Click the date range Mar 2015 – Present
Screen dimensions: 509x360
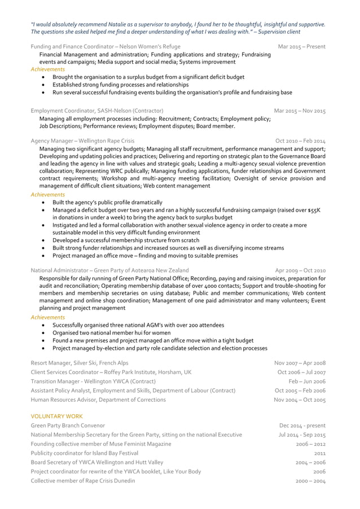[x=302, y=46]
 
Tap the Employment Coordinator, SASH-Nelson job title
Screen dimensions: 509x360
[x=97, y=111]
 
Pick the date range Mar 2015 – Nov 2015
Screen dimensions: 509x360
[x=300, y=111]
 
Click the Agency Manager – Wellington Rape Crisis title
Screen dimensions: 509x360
[x=82, y=141]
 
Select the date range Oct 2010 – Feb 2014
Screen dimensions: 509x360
[x=300, y=141]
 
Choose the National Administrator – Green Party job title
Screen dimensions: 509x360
[x=109, y=270]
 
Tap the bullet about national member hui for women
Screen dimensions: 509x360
[x=112, y=333]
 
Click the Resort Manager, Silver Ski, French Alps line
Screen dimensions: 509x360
[x=80, y=363]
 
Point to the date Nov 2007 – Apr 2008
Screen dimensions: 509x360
[x=300, y=363]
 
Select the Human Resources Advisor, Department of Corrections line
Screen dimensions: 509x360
[x=98, y=400]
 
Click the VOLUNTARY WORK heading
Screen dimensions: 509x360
[x=57, y=415]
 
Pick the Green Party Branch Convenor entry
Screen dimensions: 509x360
[x=68, y=425]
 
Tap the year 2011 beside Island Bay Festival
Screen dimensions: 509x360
[x=319, y=453]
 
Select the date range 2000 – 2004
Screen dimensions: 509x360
[x=311, y=481]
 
